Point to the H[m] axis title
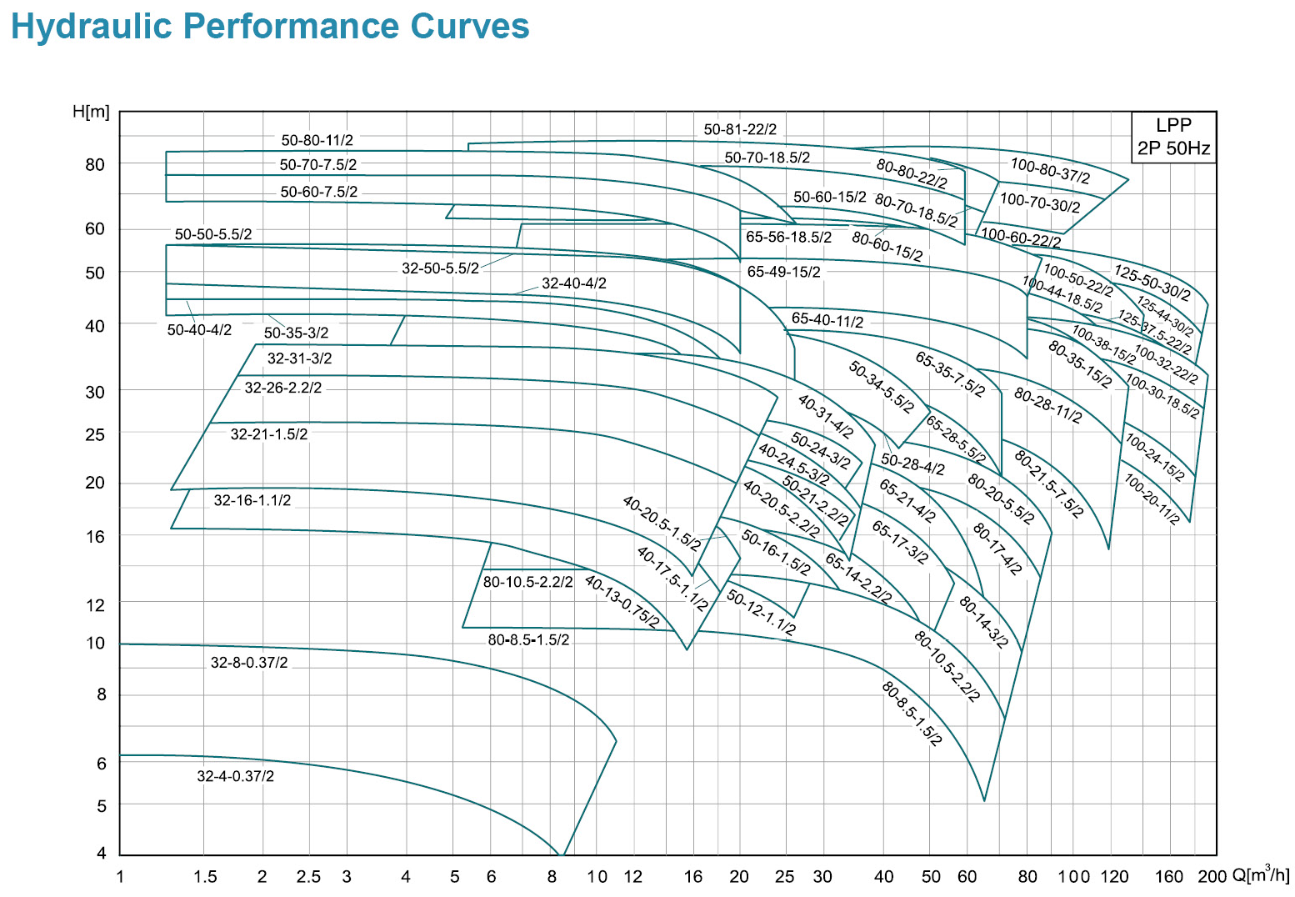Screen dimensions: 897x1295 click(91, 112)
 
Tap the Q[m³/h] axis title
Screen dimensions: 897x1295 click(1260, 875)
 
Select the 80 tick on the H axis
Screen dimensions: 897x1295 click(96, 164)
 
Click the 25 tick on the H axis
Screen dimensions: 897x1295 click(96, 434)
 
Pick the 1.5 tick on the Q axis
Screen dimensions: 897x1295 click(205, 877)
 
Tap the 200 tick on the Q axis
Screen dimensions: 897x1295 click(1212, 877)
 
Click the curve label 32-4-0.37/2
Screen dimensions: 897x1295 click(235, 776)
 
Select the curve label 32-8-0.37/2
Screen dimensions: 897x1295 click(249, 663)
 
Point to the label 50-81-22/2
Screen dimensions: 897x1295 click(740, 129)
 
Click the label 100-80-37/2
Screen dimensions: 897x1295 click(1050, 171)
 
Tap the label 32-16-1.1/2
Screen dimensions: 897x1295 click(252, 500)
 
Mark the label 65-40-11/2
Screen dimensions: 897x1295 click(827, 320)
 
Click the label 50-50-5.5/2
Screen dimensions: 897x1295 click(212, 235)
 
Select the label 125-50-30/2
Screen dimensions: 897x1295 click(1152, 283)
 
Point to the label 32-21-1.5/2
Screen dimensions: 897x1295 click(269, 434)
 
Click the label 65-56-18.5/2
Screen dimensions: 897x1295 click(788, 237)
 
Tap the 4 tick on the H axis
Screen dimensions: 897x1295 click(102, 854)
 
